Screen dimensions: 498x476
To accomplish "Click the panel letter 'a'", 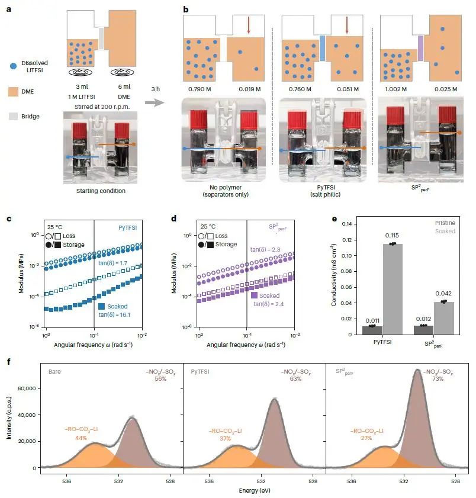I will click(8, 9).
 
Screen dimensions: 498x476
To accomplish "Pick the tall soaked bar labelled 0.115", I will click(391, 289).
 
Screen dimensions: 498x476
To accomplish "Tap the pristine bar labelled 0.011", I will click(372, 330).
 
